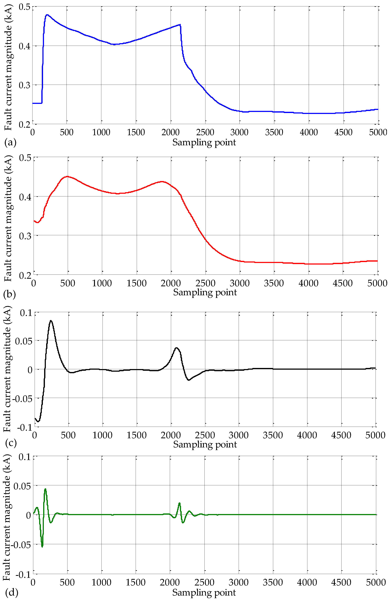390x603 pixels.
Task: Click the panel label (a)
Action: pos(10,143)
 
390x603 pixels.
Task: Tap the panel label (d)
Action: pos(11,592)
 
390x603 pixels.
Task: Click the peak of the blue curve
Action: pos(47,15)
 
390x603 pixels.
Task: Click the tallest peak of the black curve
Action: pos(51,321)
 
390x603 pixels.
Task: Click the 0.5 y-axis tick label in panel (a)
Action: pos(24,7)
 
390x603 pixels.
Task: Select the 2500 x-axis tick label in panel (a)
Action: pos(205,132)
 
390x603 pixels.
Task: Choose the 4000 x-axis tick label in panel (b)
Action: pos(308,283)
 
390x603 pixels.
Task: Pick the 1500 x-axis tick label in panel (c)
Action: pos(136,435)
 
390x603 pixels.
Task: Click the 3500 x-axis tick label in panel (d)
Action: pos(273,583)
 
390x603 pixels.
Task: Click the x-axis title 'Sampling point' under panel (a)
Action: pos(204,143)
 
